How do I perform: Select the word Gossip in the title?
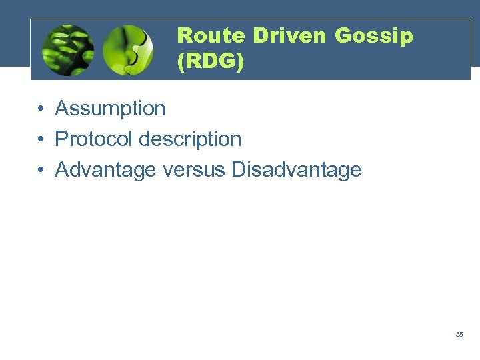tap(374, 37)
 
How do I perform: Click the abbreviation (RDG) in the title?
tap(211, 62)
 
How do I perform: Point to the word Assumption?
tap(110, 109)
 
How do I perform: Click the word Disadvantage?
tap(296, 170)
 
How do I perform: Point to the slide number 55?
tap(459, 334)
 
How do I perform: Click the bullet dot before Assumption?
tap(41, 109)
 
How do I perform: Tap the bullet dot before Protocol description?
tap(41, 139)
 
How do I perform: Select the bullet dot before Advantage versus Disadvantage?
tap(41, 170)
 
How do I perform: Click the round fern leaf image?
tap(67, 50)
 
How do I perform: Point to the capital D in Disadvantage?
tap(238, 170)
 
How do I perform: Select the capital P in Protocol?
tap(61, 139)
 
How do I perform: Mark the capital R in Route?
tap(185, 35)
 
